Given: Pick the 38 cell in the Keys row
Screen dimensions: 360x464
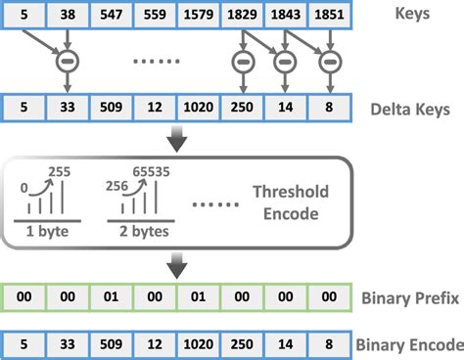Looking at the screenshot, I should (67, 17).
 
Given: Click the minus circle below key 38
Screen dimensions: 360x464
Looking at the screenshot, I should (67, 60).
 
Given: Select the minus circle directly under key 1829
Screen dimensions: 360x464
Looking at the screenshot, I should (242, 60).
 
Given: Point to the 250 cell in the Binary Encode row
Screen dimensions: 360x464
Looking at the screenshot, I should (240, 344).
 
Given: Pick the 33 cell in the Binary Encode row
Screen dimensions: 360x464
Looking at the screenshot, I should (67, 344).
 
